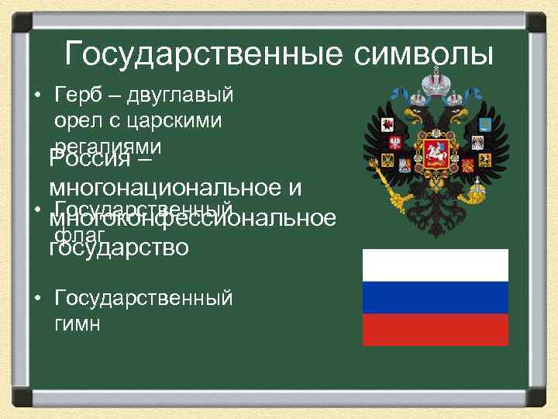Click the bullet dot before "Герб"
[x=36, y=97]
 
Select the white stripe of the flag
[x=436, y=265]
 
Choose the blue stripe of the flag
[x=436, y=297]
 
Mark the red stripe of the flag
[x=436, y=330]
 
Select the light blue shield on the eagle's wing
[x=483, y=124]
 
